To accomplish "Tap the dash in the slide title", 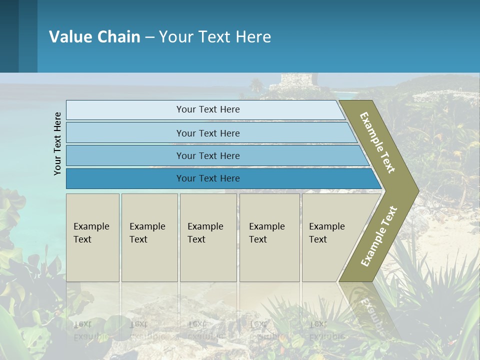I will pos(149,37).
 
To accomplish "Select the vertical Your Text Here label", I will pos(57,143).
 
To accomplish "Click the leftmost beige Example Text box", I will pos(92,237).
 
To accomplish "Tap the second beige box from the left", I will pos(149,237).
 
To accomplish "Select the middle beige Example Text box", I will pos(208,237).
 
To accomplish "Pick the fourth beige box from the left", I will pos(269,237).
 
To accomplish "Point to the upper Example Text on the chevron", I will pos(377,142).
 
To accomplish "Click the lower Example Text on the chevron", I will pos(379,236).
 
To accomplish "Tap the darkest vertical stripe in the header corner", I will pos(9,36).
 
